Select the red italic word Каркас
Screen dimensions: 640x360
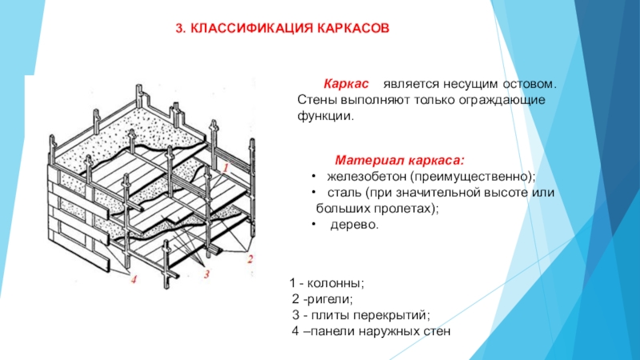(346, 84)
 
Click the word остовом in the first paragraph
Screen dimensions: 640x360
(530, 84)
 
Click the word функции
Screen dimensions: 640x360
(324, 116)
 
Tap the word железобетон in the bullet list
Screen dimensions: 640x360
(369, 175)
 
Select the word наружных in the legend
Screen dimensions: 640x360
(374, 330)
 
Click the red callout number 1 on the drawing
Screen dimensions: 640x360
(226, 168)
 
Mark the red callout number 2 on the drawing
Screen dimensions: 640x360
(250, 258)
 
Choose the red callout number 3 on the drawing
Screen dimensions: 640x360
(206, 274)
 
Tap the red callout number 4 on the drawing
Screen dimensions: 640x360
(134, 278)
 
